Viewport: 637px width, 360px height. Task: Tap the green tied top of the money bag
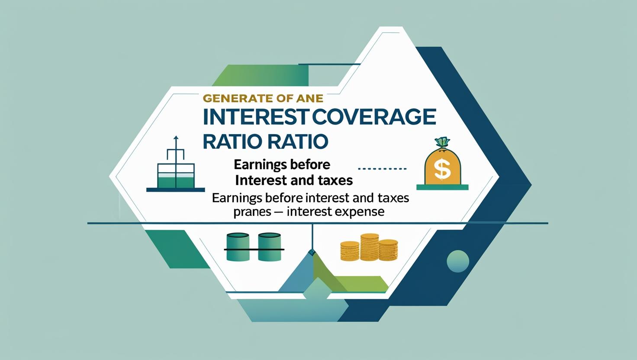click(442, 142)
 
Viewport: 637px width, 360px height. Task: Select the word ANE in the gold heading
click(315, 99)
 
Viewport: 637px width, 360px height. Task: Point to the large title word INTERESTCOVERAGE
click(319, 117)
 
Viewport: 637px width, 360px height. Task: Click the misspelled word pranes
click(251, 212)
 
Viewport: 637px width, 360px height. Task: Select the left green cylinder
click(238, 247)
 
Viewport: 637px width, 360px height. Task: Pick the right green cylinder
click(270, 247)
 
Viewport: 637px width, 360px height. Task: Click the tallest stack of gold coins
click(369, 247)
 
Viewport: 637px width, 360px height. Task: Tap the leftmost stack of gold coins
click(350, 251)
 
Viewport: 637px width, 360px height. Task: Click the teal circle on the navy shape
click(457, 260)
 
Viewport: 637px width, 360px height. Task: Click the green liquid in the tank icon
click(175, 181)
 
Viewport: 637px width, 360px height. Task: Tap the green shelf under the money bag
click(442, 187)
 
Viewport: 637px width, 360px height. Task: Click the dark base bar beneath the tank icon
click(175, 190)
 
